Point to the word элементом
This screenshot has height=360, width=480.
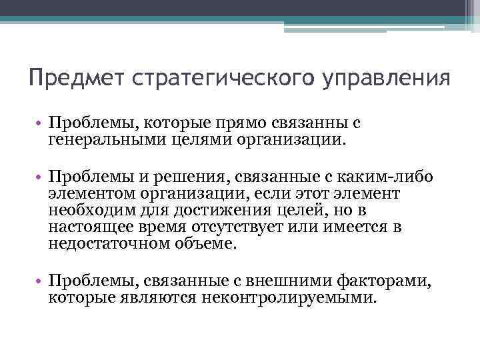pyautogui.click(x=91, y=194)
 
